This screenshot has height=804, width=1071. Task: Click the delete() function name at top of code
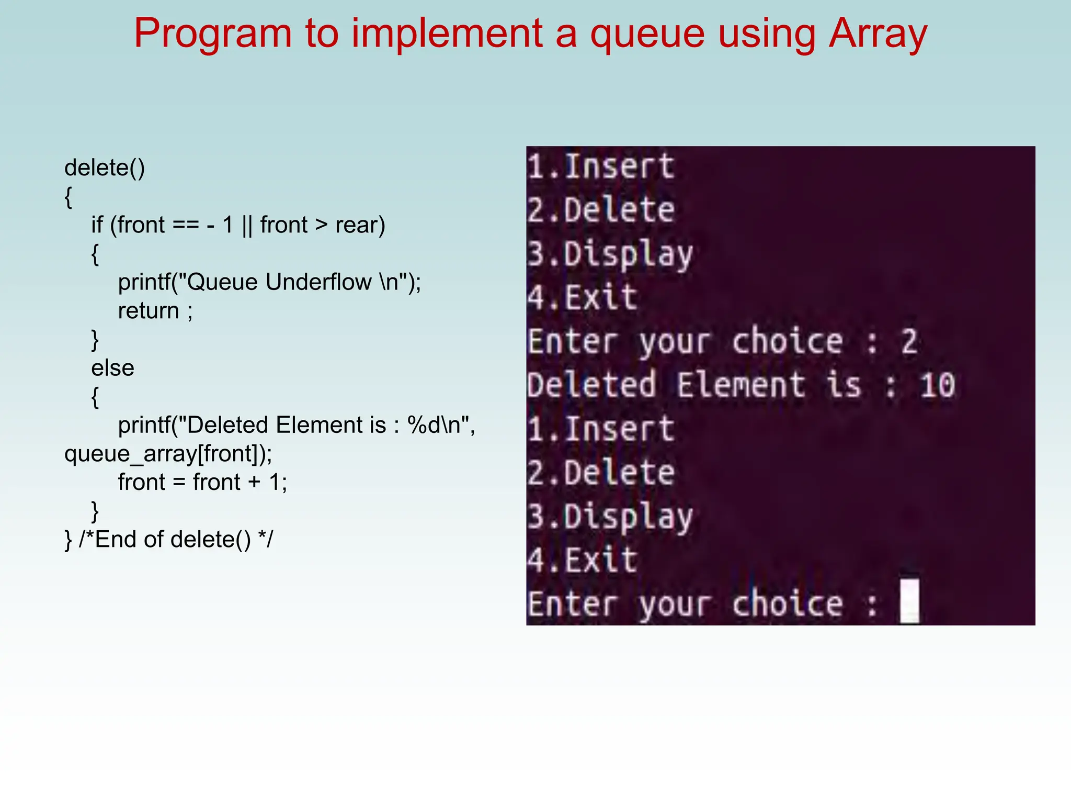point(105,168)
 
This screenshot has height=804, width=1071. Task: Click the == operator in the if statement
point(186,226)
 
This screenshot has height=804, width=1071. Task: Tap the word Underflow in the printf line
point(318,282)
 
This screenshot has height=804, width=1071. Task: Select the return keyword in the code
point(149,311)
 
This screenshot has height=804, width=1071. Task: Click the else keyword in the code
point(112,368)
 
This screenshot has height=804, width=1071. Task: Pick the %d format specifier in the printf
point(425,425)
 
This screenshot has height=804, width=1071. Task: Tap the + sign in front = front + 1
point(254,482)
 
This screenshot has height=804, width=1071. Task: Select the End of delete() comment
point(176,540)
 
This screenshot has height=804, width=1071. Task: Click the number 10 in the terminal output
point(937,386)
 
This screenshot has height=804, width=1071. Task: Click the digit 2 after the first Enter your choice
point(909,342)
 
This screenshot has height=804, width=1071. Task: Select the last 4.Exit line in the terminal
point(583,560)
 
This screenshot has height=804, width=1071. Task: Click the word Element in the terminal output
point(740,386)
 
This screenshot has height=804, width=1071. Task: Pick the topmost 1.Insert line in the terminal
point(601,167)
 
